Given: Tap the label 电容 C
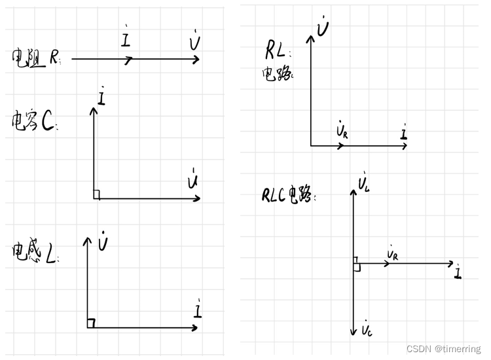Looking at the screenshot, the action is (33, 122).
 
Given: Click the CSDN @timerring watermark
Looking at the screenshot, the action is (443, 350).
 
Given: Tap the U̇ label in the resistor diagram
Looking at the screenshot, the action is (194, 43).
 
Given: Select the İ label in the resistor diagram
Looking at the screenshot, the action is (126, 40).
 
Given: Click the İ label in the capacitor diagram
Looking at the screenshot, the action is (101, 98).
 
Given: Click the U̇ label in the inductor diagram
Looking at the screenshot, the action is (103, 243).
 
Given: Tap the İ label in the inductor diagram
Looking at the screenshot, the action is (198, 308).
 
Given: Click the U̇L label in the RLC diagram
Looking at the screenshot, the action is (365, 183).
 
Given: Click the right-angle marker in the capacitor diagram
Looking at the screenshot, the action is (96, 194).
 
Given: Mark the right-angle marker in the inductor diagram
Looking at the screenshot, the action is (91, 323).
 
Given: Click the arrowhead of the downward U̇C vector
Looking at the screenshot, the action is (353, 333).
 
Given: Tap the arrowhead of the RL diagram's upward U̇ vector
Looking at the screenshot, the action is (310, 37).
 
